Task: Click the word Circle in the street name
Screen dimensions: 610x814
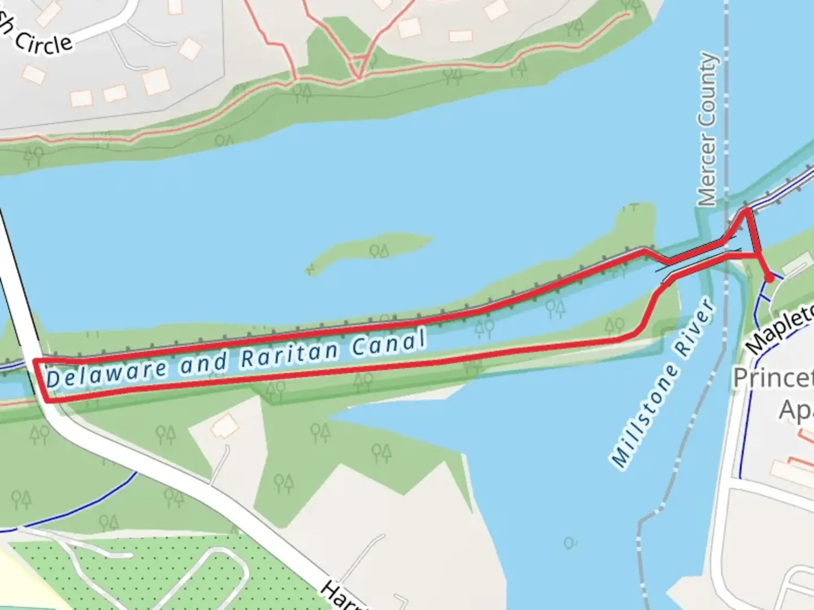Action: pos(44,41)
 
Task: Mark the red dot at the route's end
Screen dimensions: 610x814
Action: pos(769,278)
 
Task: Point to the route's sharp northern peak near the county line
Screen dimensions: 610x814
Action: pos(747,211)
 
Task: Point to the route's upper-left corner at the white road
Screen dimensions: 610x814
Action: pos(36,360)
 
